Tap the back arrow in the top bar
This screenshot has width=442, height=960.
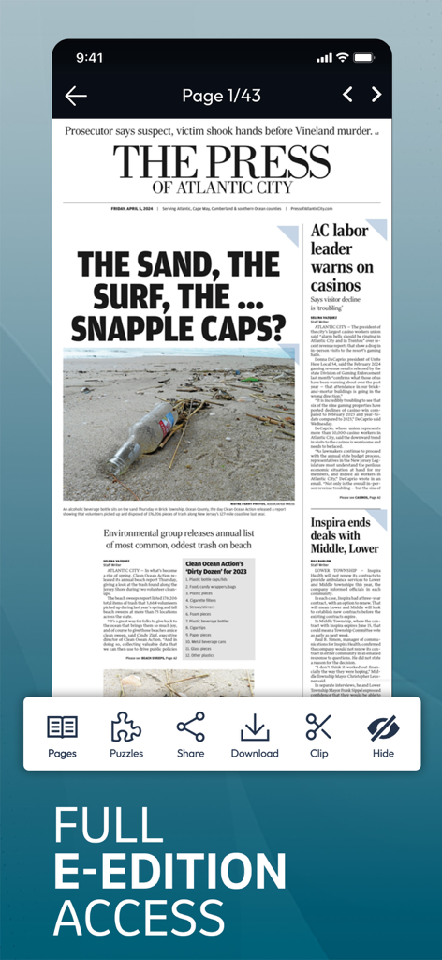click(76, 95)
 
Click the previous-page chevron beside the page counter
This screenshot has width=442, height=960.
click(347, 95)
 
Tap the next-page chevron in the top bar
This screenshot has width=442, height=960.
click(376, 95)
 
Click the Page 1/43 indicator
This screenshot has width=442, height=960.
click(221, 95)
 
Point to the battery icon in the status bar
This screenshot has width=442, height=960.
click(365, 57)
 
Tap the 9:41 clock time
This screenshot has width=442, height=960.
click(90, 57)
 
